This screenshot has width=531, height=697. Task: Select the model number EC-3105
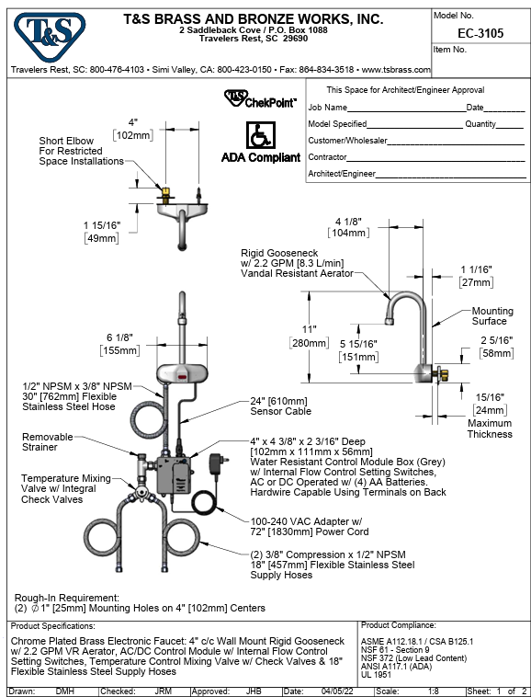point(479,33)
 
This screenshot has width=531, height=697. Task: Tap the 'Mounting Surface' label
point(489,316)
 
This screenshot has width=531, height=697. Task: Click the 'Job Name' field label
point(327,108)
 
